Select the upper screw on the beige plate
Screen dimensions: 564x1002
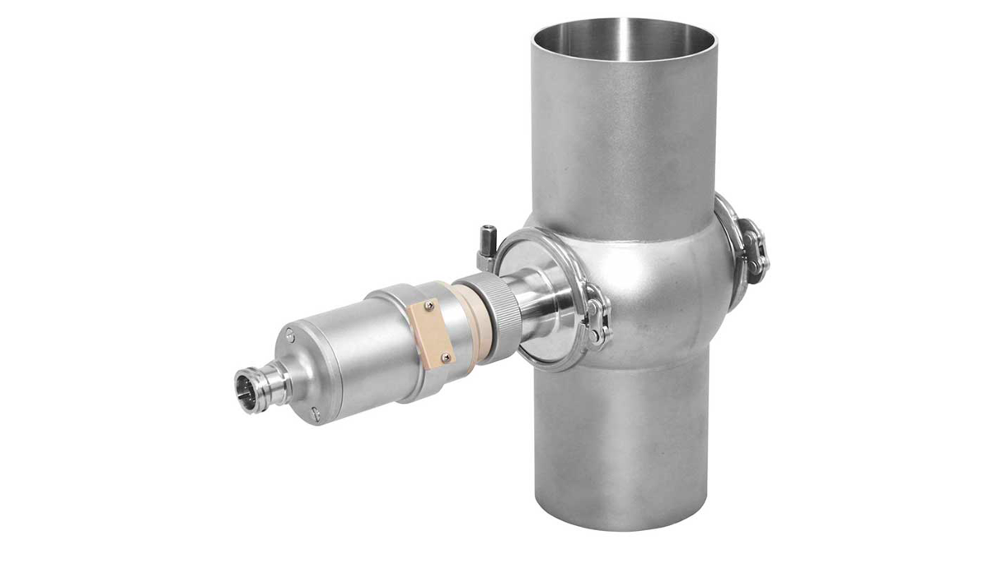429,307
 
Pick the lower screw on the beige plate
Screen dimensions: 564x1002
446,357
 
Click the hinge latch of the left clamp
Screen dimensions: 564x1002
596,322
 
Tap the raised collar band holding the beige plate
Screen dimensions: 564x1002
404,330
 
